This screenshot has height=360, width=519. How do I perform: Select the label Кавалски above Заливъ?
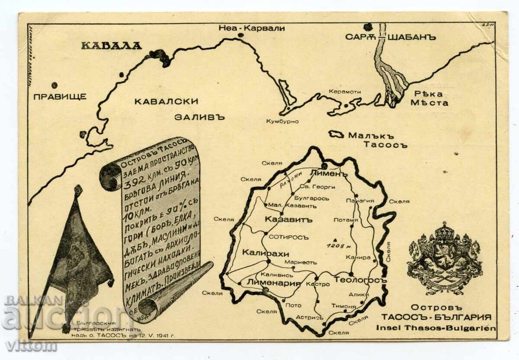coord(166,102)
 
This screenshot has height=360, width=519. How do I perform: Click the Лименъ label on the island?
coord(329,174)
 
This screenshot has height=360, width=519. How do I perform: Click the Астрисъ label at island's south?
coord(310,317)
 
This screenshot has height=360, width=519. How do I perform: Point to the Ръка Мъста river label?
coord(429,98)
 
